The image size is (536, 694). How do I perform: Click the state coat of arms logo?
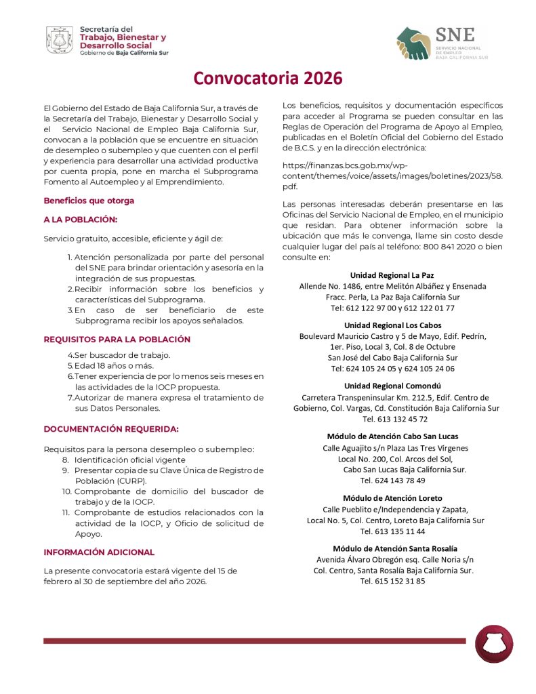click(x=60, y=40)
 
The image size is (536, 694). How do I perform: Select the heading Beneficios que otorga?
click(x=89, y=201)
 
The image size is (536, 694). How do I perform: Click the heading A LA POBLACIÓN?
click(x=81, y=220)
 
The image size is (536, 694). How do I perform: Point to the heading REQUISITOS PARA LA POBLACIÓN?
click(x=117, y=339)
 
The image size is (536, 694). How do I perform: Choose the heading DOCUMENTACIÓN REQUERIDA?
click(x=111, y=428)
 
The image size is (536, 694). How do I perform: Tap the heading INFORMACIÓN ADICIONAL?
click(x=99, y=552)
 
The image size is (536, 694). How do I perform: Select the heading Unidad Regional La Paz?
click(x=392, y=275)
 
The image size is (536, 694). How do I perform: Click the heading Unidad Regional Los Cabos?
click(x=392, y=325)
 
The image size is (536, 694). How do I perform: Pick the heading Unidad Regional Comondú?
click(x=392, y=386)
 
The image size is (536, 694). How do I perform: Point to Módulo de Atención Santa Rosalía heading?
click(x=395, y=548)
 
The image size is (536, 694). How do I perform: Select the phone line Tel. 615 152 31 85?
click(x=393, y=581)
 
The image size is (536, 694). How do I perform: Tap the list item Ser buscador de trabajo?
click(x=122, y=355)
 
